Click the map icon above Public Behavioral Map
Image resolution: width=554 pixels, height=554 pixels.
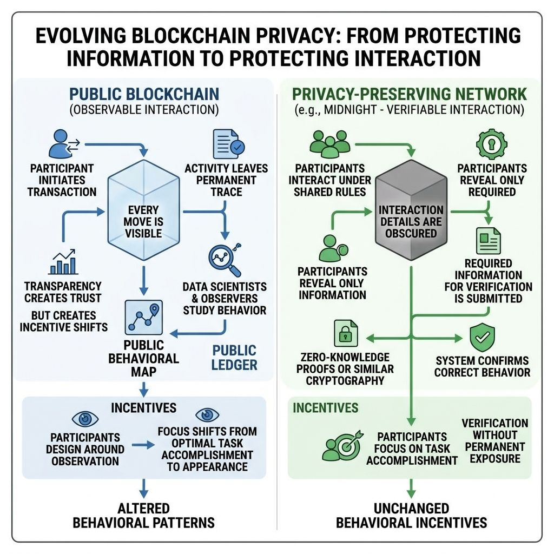(x=142, y=318)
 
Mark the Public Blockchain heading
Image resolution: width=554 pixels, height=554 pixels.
(x=144, y=94)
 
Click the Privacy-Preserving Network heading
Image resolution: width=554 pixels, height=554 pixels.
(x=409, y=94)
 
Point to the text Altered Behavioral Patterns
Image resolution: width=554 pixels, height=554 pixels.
(x=143, y=516)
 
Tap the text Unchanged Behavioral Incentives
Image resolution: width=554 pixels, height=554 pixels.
(x=411, y=516)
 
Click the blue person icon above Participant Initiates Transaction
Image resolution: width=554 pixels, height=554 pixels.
(x=61, y=144)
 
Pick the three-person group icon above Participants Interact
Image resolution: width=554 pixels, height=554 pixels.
(x=328, y=144)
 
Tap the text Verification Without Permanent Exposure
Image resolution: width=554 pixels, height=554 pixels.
(x=487, y=441)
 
